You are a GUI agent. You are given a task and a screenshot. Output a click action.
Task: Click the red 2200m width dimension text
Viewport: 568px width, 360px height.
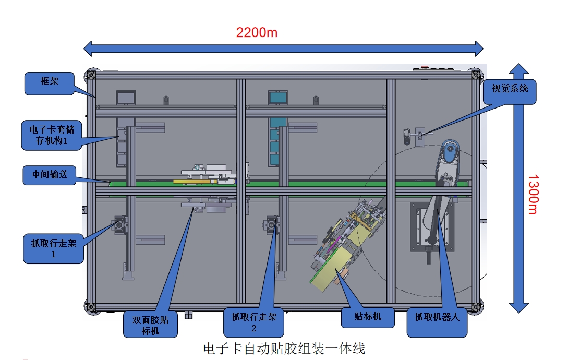[x=257, y=33]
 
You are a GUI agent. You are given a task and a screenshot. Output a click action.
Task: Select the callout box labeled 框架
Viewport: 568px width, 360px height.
[x=50, y=84]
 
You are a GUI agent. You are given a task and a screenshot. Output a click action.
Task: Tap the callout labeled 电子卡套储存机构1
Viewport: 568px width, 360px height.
[x=52, y=135]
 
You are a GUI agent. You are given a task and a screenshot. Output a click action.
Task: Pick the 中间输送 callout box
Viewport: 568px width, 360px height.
[x=50, y=175]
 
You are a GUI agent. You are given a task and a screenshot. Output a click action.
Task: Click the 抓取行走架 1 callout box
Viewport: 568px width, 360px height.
[x=54, y=249]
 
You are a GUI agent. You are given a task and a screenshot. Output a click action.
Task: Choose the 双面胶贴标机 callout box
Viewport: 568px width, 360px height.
[x=150, y=325]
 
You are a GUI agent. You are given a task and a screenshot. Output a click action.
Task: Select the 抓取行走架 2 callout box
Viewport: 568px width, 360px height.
[x=253, y=322]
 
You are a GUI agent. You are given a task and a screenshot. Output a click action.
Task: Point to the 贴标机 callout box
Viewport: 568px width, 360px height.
[x=368, y=318]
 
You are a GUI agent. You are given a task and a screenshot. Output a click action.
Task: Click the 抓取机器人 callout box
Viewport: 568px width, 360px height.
[x=437, y=322]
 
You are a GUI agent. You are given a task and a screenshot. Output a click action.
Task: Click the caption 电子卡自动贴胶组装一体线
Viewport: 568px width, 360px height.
[x=284, y=349]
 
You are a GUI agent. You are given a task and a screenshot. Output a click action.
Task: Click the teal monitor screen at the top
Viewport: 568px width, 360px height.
[x=278, y=98]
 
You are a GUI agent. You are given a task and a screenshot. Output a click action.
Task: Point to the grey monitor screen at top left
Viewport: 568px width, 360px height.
[x=126, y=98]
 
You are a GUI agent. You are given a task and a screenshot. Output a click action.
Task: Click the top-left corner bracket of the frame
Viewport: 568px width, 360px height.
[x=91, y=75]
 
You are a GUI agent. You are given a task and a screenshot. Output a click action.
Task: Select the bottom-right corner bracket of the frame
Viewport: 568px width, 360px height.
[x=477, y=307]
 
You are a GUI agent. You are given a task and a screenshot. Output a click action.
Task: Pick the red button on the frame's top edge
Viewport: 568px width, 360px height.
[x=425, y=67]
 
